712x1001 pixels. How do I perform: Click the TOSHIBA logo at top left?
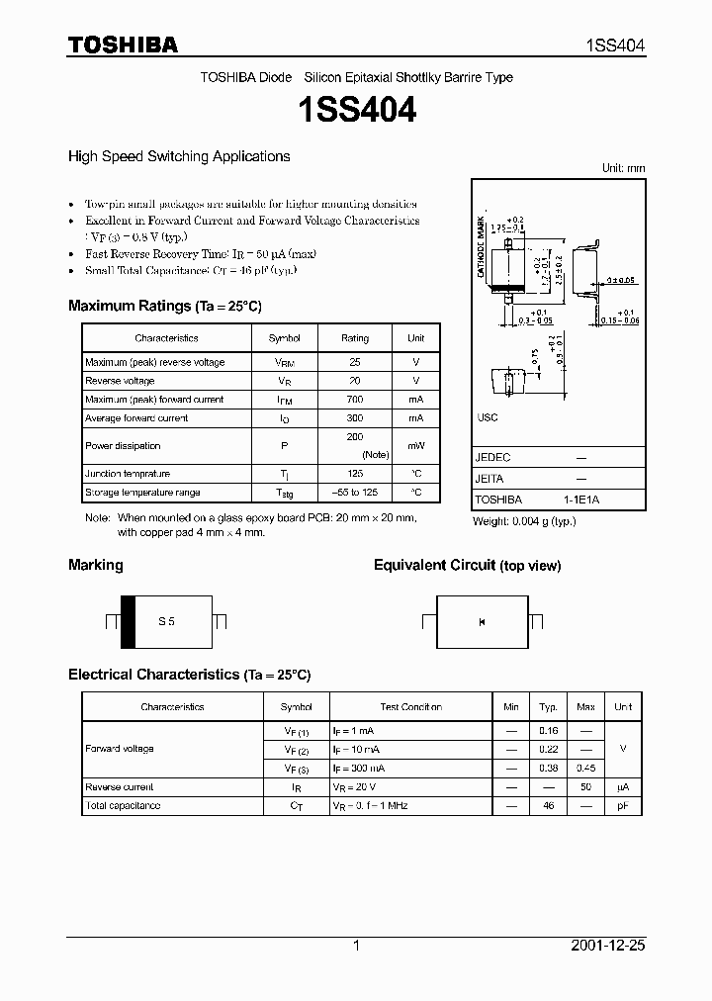(x=123, y=45)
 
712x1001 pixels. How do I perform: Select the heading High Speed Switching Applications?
(x=179, y=156)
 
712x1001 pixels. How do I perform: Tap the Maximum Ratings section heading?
(x=164, y=306)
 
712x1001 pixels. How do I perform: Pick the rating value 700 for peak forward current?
(x=355, y=400)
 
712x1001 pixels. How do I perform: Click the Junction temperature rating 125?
(x=355, y=474)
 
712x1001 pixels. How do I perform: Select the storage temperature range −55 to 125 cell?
(x=355, y=493)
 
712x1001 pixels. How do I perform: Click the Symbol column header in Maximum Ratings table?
(x=285, y=338)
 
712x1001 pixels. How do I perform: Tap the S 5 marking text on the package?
(x=166, y=621)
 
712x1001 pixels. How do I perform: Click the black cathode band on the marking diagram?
(x=128, y=622)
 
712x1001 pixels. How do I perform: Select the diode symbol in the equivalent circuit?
(x=482, y=621)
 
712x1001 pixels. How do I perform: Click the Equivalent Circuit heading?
(x=467, y=566)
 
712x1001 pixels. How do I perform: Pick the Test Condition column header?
(x=410, y=707)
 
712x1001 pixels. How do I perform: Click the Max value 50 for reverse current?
(x=585, y=787)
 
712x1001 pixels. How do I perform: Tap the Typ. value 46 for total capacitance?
(x=547, y=806)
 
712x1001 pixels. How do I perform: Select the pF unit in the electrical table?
(x=623, y=806)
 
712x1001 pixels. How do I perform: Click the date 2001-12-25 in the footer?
(x=608, y=946)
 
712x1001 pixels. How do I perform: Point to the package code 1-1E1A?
(x=581, y=500)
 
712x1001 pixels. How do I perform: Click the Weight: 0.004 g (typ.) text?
(x=524, y=521)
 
